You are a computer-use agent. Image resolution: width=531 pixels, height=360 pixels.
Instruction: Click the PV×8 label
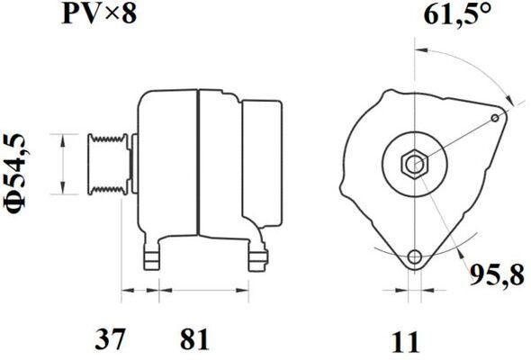[99, 14]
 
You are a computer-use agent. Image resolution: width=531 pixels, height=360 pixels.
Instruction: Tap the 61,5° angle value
[457, 14]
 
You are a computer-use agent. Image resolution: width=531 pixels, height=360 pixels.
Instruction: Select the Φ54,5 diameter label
[15, 175]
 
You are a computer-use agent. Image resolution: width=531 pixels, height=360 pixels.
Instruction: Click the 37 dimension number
[110, 338]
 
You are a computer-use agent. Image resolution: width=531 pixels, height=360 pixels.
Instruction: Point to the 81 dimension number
[194, 338]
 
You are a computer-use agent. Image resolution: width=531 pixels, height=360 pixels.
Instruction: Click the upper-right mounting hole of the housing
[495, 118]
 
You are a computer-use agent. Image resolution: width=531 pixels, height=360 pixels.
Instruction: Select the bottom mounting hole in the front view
[415, 256]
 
